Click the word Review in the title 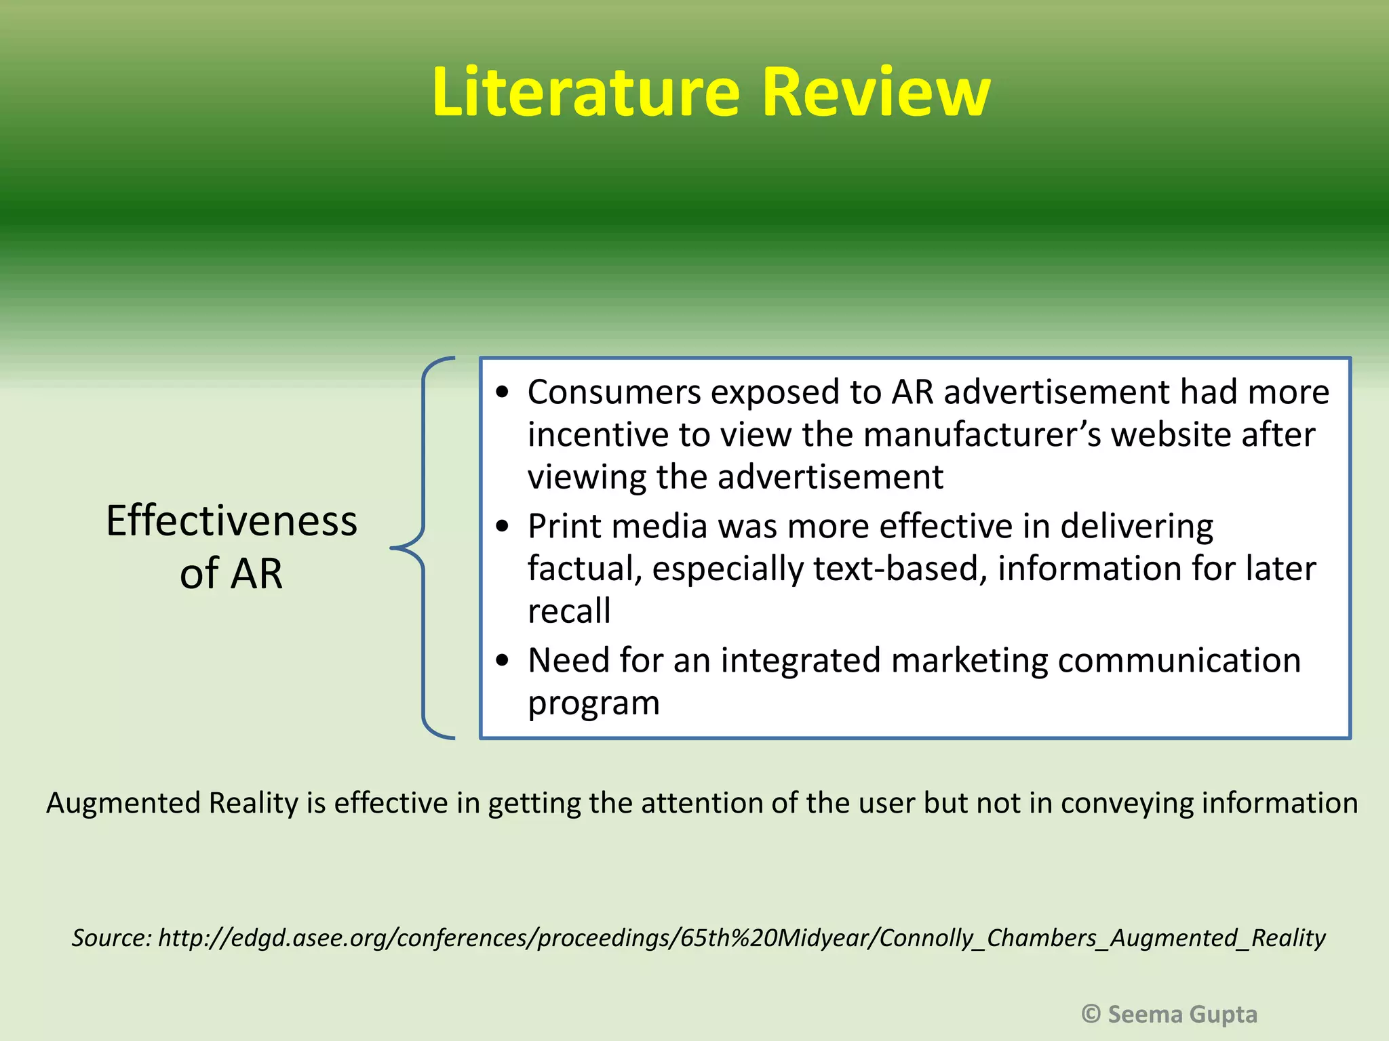click(876, 92)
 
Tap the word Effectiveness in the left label click(231, 521)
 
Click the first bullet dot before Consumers click(502, 393)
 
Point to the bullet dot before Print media click(502, 527)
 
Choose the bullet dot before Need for click(502, 661)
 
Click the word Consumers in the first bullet click(614, 392)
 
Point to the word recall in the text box click(569, 611)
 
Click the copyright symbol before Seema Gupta click(1091, 1014)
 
